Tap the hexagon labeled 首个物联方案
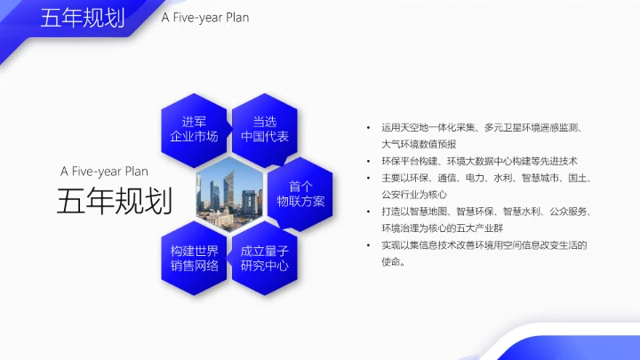300,193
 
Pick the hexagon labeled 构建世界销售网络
194,257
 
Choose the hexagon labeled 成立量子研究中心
265,257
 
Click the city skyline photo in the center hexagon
229,193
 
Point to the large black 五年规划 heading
114,202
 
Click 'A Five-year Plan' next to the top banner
205,18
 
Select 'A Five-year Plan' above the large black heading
104,171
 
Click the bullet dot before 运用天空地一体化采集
369,128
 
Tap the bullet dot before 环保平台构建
369,162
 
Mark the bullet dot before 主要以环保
369,179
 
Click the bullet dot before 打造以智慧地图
369,212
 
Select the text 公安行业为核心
413,195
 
